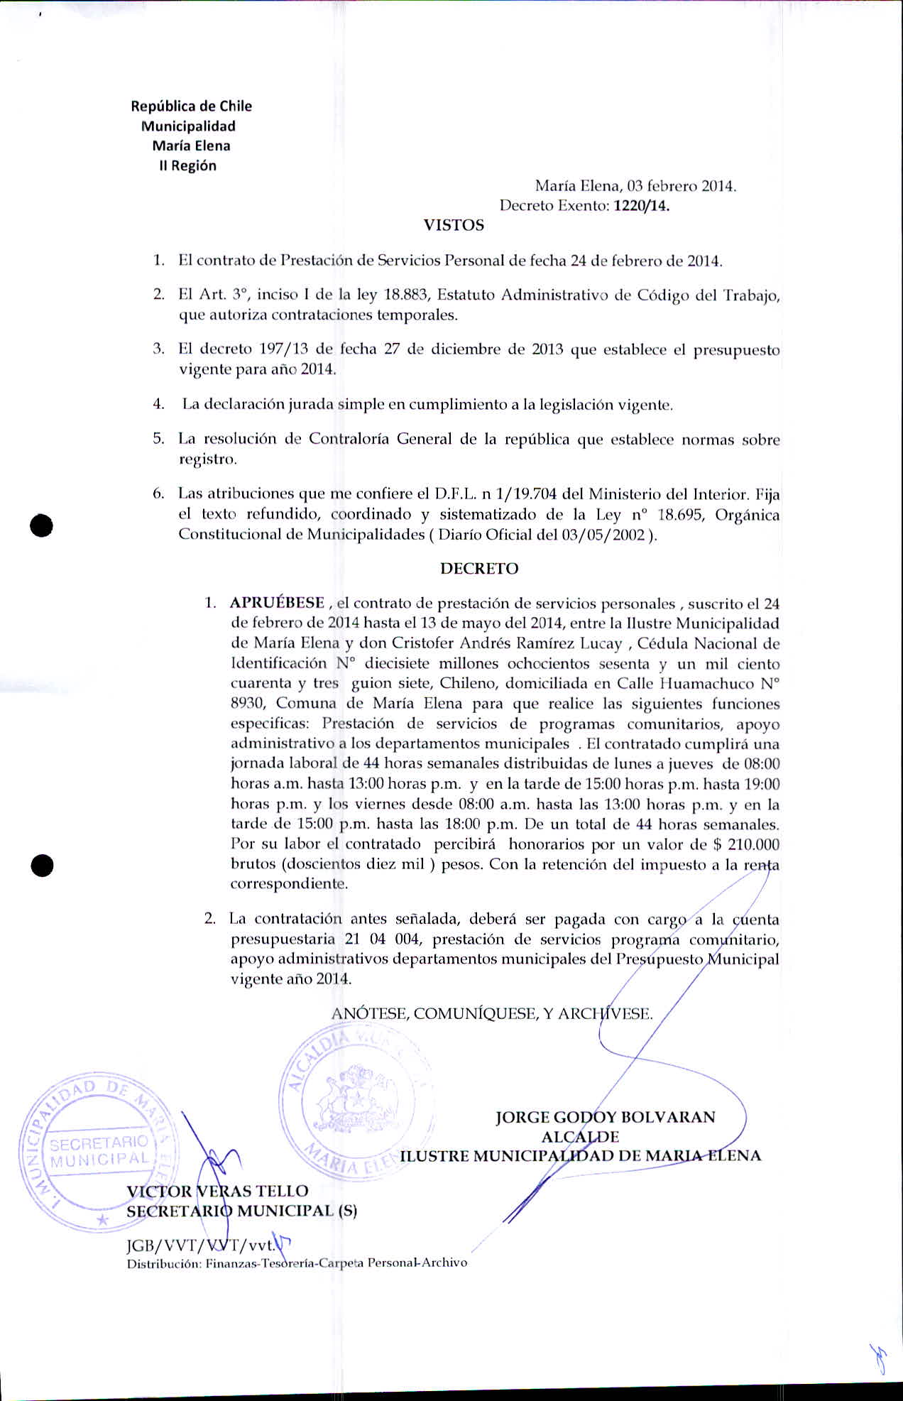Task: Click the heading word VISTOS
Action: coord(454,226)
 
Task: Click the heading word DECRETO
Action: coord(479,569)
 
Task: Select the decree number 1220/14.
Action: coord(642,207)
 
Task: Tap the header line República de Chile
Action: coord(191,107)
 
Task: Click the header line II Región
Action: coord(187,166)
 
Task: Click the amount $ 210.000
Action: coord(745,845)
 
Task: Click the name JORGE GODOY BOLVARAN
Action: coord(606,1117)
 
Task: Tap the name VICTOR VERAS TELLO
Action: coord(217,1191)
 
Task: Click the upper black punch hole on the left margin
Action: coord(43,525)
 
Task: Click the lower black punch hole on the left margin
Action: coord(43,866)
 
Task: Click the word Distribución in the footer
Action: coord(163,1263)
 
